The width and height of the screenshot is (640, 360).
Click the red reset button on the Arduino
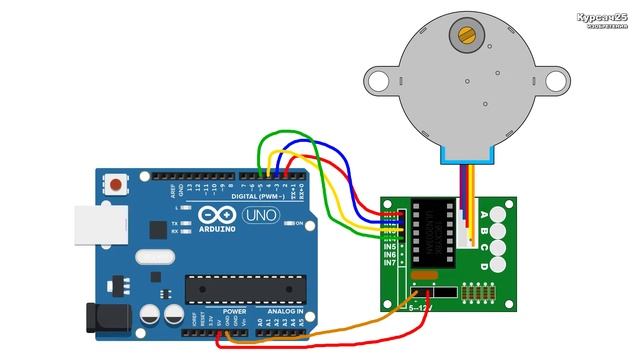tap(119, 184)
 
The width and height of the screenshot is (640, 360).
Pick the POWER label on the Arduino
tap(234, 311)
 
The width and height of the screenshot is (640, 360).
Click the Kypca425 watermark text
tap(602, 19)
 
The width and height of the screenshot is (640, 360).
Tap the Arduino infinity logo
tap(214, 214)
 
